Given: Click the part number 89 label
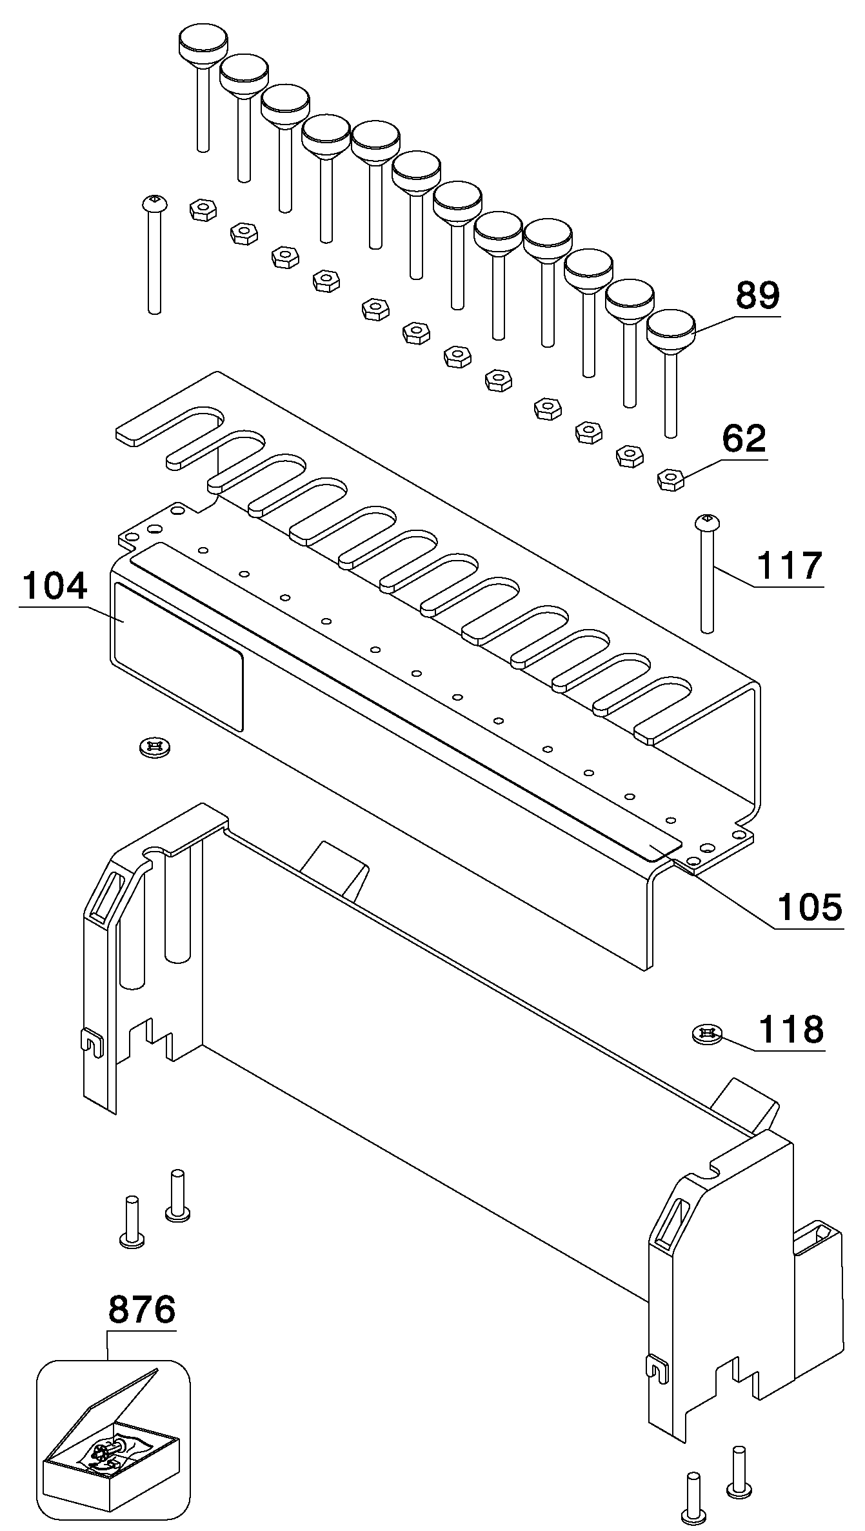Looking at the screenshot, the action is coord(758,295).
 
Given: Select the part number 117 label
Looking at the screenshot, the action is coord(790,565).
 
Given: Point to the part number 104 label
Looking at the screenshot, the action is coord(54,587).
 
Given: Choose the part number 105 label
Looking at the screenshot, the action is coord(810,906).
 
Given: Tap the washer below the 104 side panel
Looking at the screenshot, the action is coord(155,747).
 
